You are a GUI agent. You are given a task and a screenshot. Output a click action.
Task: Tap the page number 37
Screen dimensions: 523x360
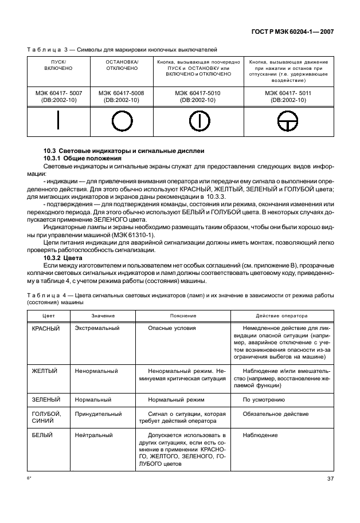[x=330, y=479]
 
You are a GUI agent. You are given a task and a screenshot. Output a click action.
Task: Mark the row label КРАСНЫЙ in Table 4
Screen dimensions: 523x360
[x=46, y=328]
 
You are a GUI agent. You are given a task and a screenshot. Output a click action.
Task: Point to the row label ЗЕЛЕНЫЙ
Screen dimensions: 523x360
[x=46, y=399]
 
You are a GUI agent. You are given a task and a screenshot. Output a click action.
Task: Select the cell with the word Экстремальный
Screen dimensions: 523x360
[x=97, y=328]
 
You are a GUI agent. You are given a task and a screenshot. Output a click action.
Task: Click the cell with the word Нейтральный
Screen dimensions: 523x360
[x=93, y=435]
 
